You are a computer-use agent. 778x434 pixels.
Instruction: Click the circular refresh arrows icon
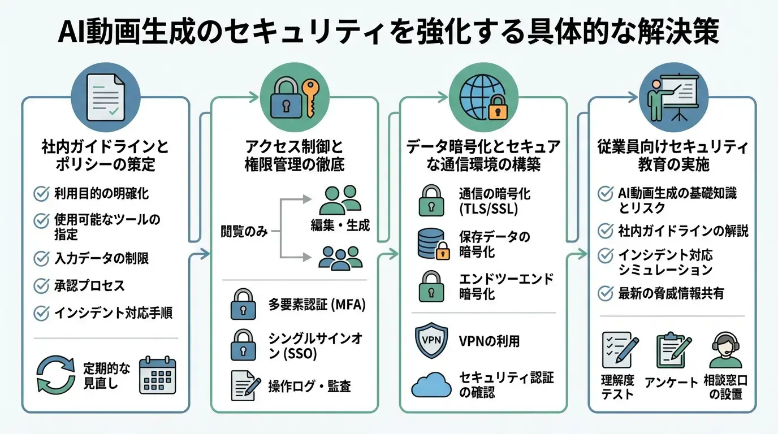[x=55, y=374]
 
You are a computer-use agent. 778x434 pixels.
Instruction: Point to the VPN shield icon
[x=431, y=341]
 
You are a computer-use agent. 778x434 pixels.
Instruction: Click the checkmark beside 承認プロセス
[x=41, y=286]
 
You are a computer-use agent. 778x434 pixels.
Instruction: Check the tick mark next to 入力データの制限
[x=41, y=259]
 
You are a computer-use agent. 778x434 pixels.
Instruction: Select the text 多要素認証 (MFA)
[x=317, y=305]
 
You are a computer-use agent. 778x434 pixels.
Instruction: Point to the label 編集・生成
[x=340, y=225]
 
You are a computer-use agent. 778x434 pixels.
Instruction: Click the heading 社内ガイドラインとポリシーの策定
[x=105, y=157]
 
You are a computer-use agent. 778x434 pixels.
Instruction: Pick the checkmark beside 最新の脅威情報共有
[x=606, y=293]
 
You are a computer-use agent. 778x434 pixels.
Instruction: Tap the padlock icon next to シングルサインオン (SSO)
[x=244, y=346]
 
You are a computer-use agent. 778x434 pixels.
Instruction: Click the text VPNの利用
[x=490, y=341]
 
